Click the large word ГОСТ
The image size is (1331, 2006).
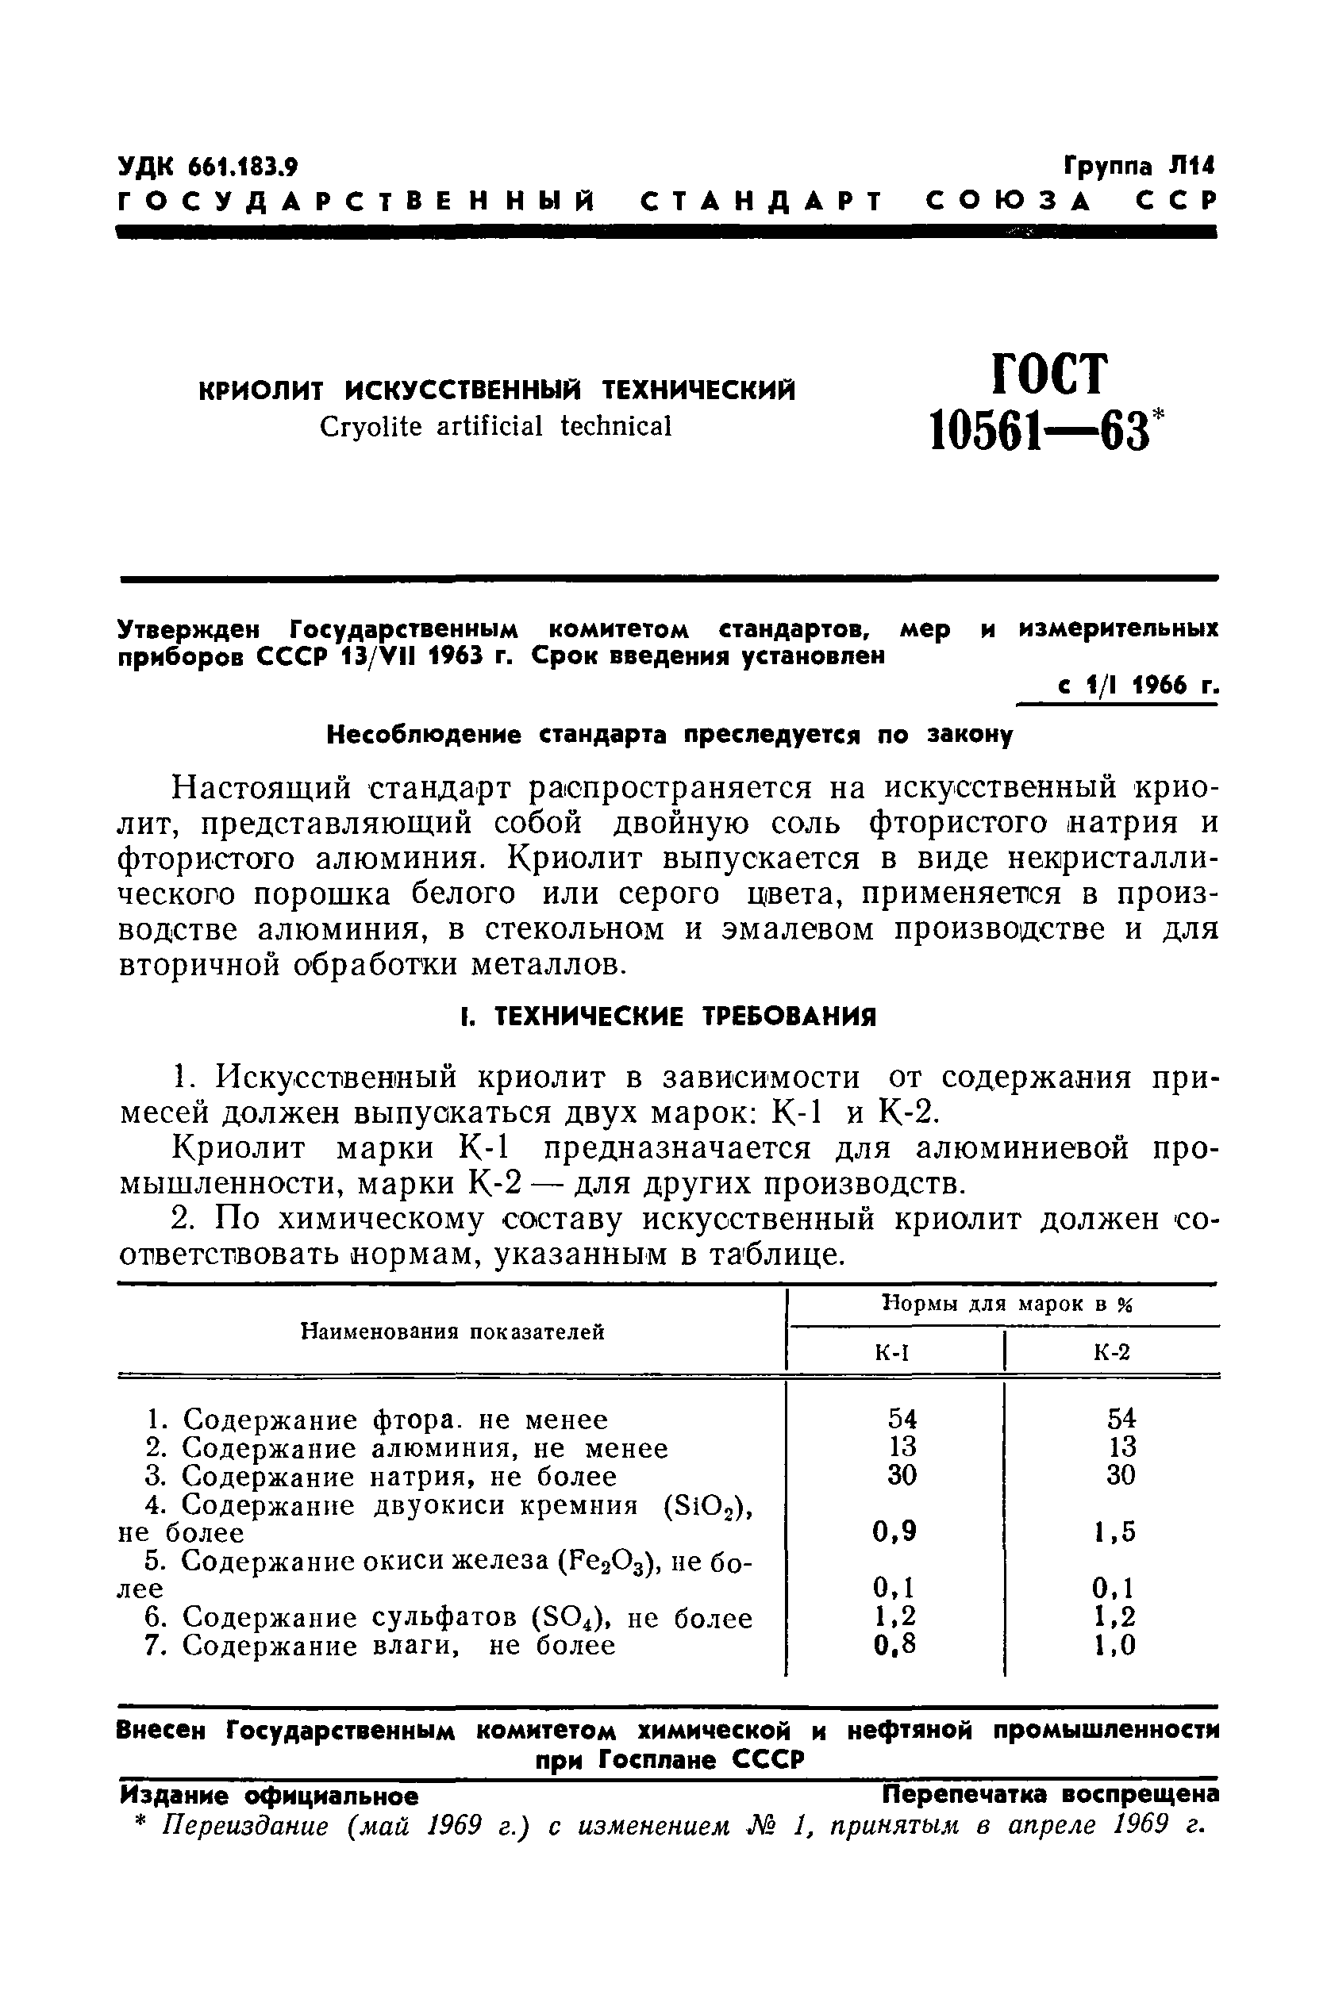pyautogui.click(x=1050, y=374)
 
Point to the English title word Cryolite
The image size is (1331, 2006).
pyautogui.click(x=371, y=426)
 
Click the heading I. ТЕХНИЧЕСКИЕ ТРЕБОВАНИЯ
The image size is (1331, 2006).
pyautogui.click(x=665, y=1016)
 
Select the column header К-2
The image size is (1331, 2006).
pyautogui.click(x=1112, y=1353)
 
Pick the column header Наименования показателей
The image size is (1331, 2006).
pyautogui.click(x=453, y=1332)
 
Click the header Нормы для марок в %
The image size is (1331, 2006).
pyautogui.click(x=1009, y=1305)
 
